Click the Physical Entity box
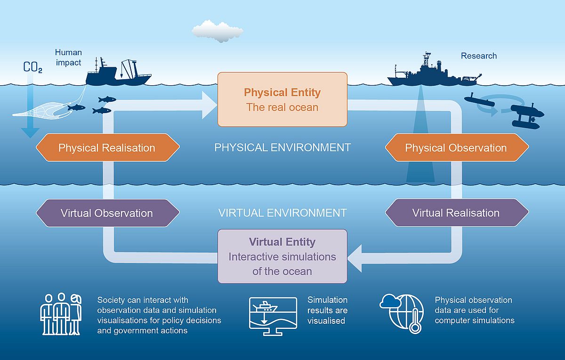pyautogui.click(x=282, y=99)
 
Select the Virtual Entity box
pyautogui.click(x=282, y=256)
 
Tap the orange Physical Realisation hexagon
pyautogui.click(x=108, y=147)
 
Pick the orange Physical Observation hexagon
pyautogui.click(x=457, y=147)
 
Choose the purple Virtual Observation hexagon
pyautogui.click(x=108, y=213)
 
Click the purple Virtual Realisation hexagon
pyautogui.click(x=457, y=213)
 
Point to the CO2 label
pyautogui.click(x=33, y=67)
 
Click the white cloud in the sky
pyautogui.click(x=218, y=31)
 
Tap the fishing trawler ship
pyautogui.click(x=118, y=72)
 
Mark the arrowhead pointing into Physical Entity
pyautogui.click(x=210, y=105)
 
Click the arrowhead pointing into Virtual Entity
pyautogui.click(x=355, y=258)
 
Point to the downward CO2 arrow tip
pyautogui.click(x=30, y=138)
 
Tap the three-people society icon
pyautogui.click(x=61, y=314)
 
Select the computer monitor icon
pyautogui.click(x=273, y=316)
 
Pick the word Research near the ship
pyautogui.click(x=479, y=56)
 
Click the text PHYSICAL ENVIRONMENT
pyautogui.click(x=282, y=147)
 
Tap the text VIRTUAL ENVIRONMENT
pyautogui.click(x=282, y=213)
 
